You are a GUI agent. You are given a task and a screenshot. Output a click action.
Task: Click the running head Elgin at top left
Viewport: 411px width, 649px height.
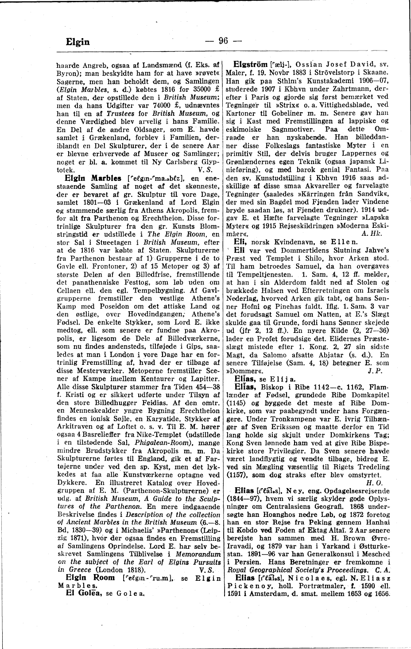77,42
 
